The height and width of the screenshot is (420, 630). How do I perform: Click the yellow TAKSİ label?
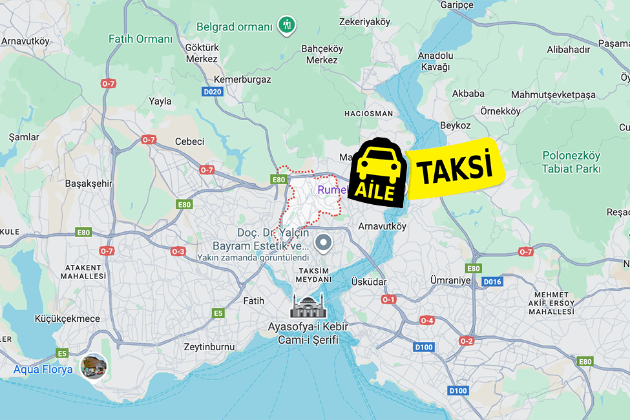pos(454,169)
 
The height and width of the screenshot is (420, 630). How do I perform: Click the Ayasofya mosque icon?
pos(308,306)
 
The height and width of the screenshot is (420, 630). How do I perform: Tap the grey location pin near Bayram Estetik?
pos(322,244)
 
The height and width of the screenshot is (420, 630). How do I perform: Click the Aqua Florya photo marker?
pos(92,366)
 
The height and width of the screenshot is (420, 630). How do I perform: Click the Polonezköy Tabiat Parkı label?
pos(571,162)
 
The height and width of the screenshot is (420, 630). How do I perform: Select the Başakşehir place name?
pos(89,183)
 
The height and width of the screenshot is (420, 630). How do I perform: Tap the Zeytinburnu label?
pos(209,346)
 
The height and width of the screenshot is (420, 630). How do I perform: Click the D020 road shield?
pos(212,92)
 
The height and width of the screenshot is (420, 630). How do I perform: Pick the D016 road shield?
pos(492,282)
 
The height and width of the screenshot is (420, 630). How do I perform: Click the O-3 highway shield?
pos(178,251)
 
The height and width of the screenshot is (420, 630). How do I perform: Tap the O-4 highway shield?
pos(427,320)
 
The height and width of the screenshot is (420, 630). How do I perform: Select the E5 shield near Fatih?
pos(218,313)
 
